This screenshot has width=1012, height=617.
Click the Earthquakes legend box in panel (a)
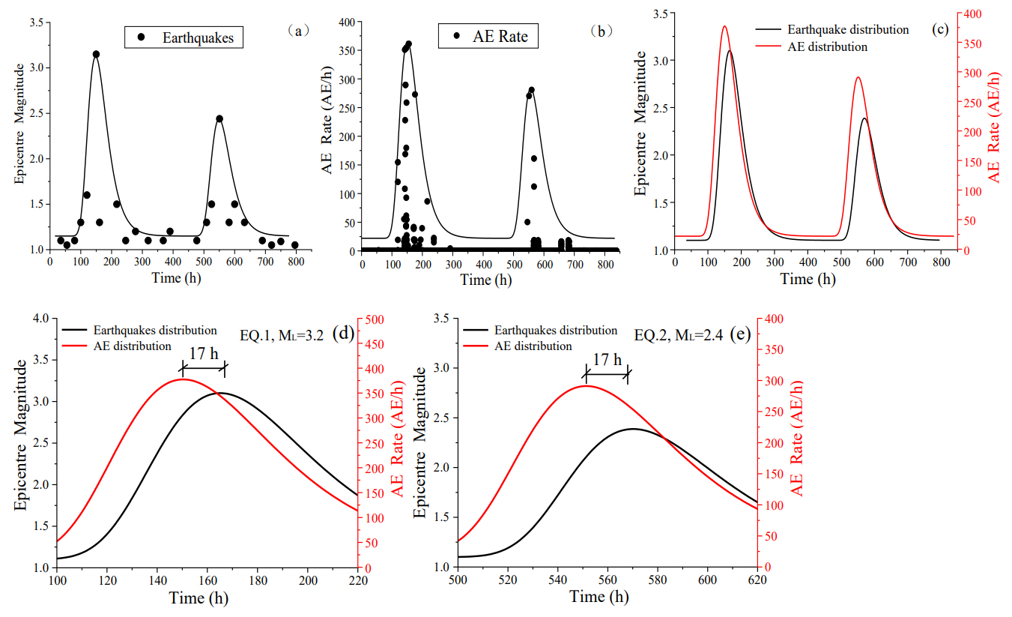tap(184, 37)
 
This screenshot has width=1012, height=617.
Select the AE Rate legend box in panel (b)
tap(488, 37)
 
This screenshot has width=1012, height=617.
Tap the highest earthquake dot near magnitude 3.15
tap(96, 54)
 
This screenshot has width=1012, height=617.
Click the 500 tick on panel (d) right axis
tap(374, 319)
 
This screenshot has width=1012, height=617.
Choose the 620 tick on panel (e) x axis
tap(757, 580)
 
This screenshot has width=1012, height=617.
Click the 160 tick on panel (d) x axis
tap(208, 581)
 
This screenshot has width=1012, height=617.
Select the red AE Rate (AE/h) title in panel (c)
tap(993, 128)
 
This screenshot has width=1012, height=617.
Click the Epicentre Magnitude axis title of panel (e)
tap(421, 443)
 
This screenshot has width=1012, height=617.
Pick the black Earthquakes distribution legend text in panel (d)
tap(155, 331)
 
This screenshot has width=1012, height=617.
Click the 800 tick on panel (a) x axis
tap(296, 261)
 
